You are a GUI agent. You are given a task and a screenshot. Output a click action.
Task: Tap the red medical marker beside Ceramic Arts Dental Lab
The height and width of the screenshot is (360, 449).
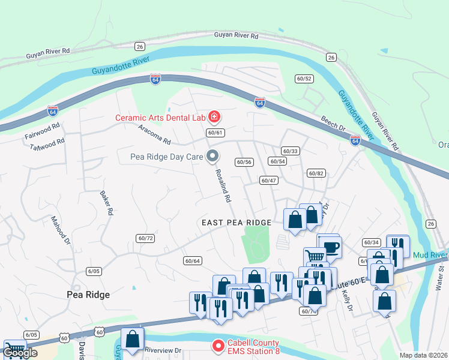click(214, 117)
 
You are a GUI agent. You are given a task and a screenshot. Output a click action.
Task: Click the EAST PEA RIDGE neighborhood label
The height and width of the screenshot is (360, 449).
click(237, 223)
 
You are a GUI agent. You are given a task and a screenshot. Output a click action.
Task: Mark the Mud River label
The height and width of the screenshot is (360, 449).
click(430, 255)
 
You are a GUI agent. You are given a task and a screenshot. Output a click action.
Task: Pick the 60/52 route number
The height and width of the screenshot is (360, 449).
click(304, 79)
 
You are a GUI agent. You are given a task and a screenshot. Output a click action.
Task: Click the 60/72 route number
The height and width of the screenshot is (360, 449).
click(145, 238)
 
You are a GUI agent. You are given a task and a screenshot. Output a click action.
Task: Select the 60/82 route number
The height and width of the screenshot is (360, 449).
click(316, 173)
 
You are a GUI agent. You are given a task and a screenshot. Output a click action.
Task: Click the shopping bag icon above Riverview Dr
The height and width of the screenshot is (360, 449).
click(133, 339)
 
